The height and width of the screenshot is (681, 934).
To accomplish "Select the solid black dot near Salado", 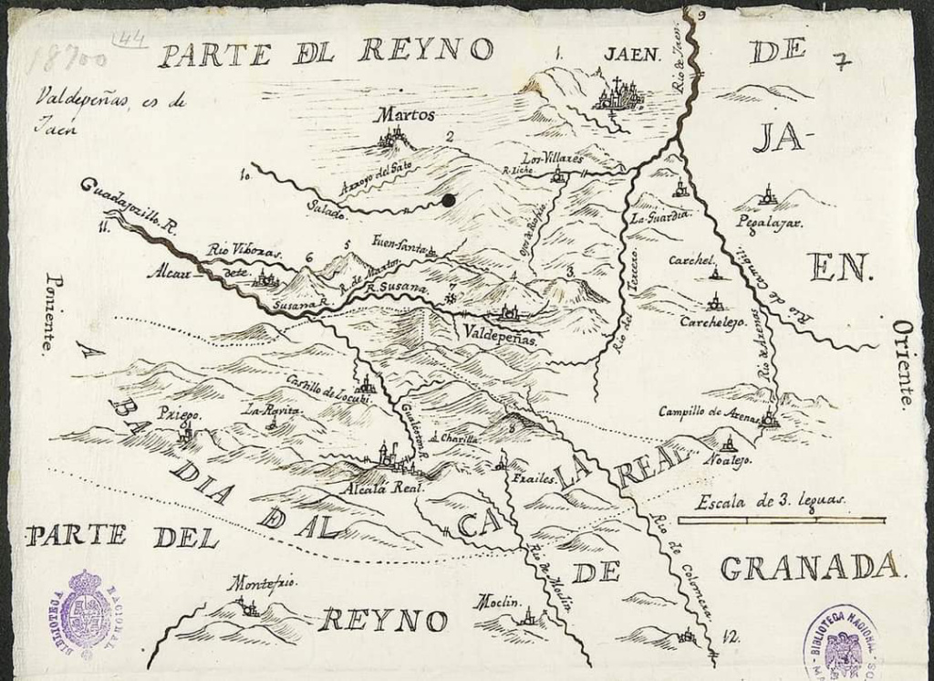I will pyautogui.click(x=448, y=201).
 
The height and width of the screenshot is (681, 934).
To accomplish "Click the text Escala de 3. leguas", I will pyautogui.click(x=771, y=499).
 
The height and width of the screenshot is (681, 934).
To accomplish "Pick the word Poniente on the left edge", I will pyautogui.click(x=50, y=313).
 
